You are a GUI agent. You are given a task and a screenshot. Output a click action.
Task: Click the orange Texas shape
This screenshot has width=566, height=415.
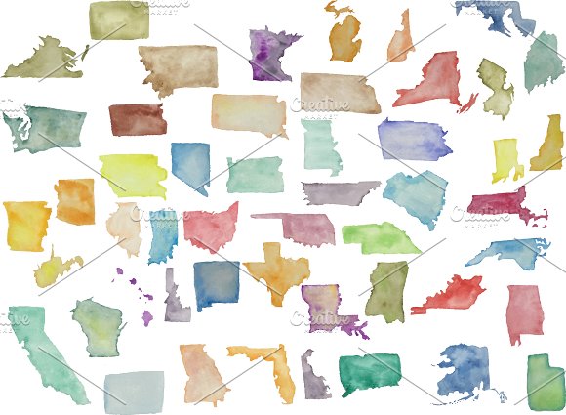click(276, 269)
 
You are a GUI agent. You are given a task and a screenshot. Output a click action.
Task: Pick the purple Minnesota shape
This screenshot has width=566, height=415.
click(273, 54)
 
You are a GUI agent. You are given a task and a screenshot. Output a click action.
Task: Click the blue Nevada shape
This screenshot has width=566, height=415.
click(191, 164)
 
